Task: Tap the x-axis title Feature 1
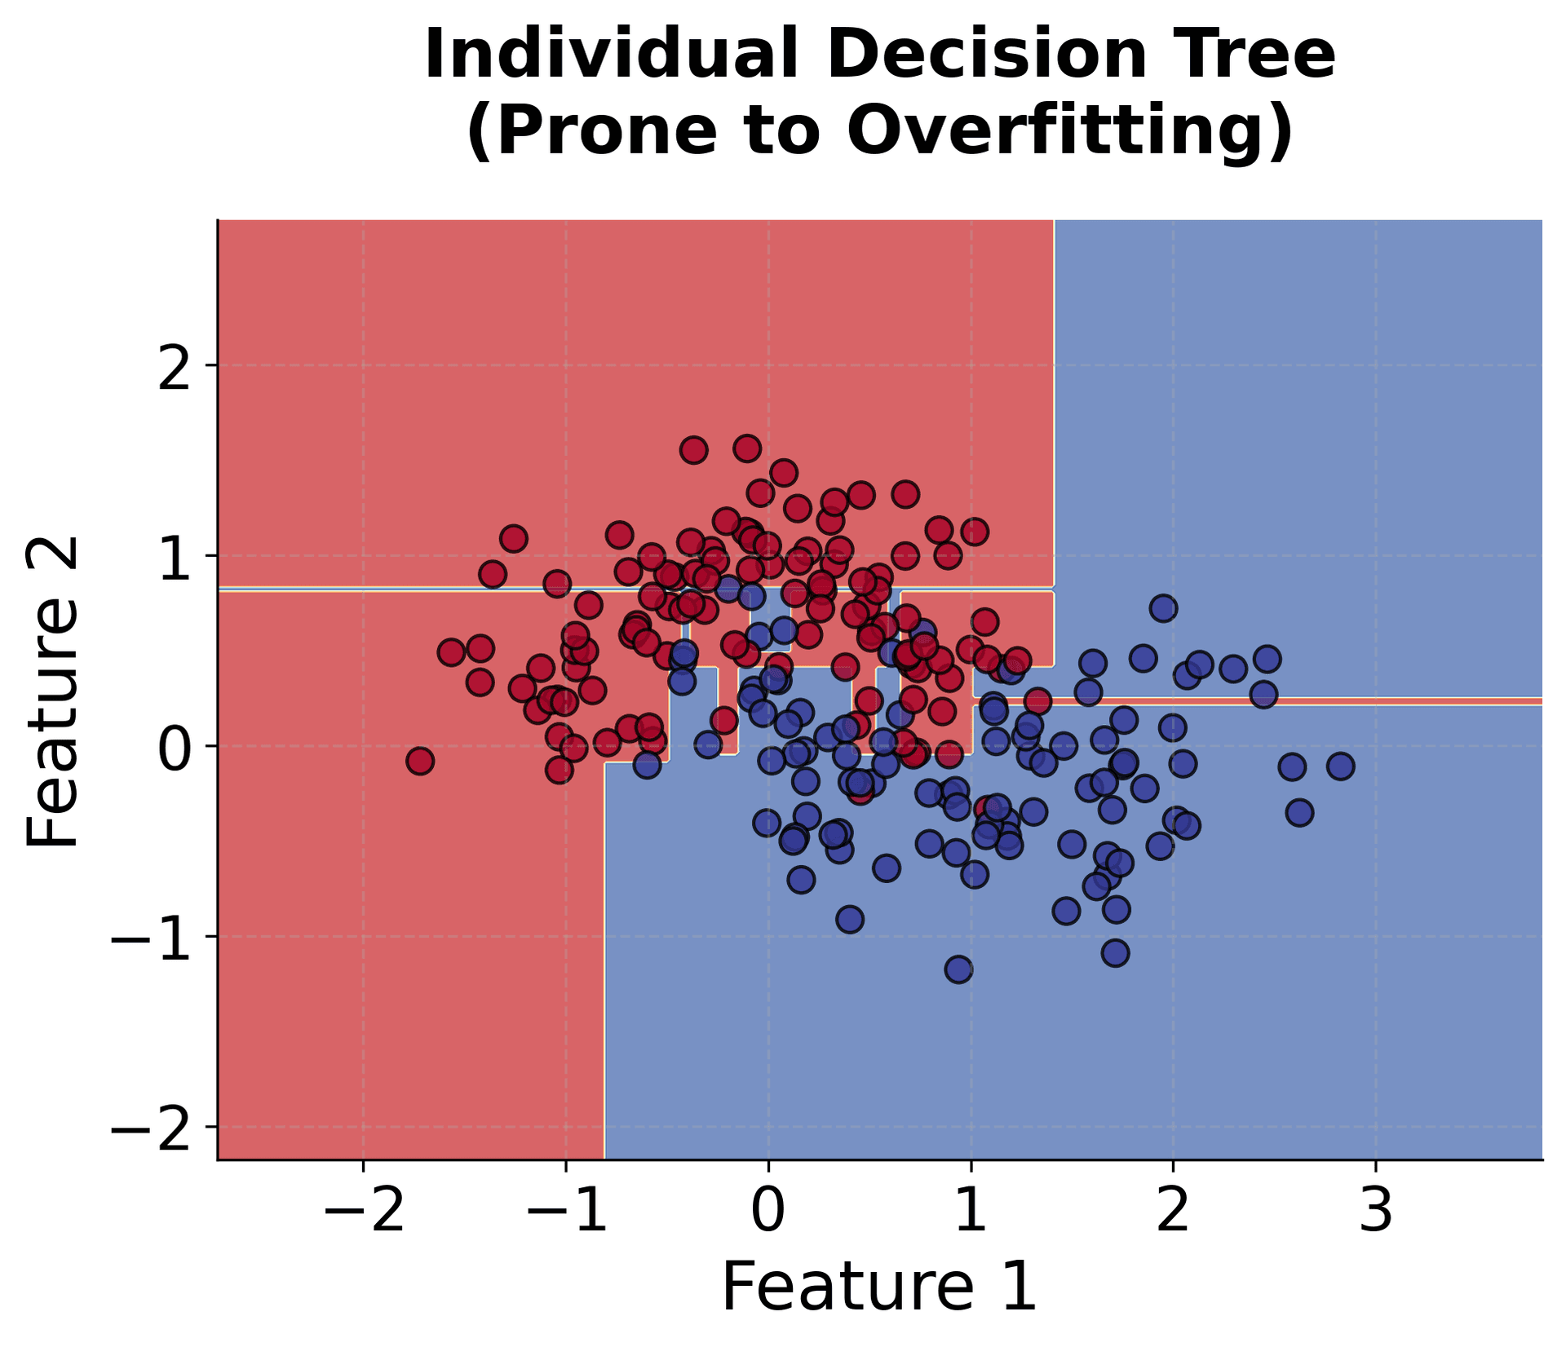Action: [879, 1286]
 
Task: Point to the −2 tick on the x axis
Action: [363, 1212]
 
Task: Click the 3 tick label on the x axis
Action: [1376, 1212]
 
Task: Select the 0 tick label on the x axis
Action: [768, 1212]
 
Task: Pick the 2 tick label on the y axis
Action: [175, 366]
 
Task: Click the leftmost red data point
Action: [420, 762]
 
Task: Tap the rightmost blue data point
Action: [1341, 766]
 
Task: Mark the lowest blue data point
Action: [958, 969]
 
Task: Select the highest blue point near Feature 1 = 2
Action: [1164, 608]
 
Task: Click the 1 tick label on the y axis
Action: [175, 557]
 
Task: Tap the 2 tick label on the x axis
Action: [1173, 1212]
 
